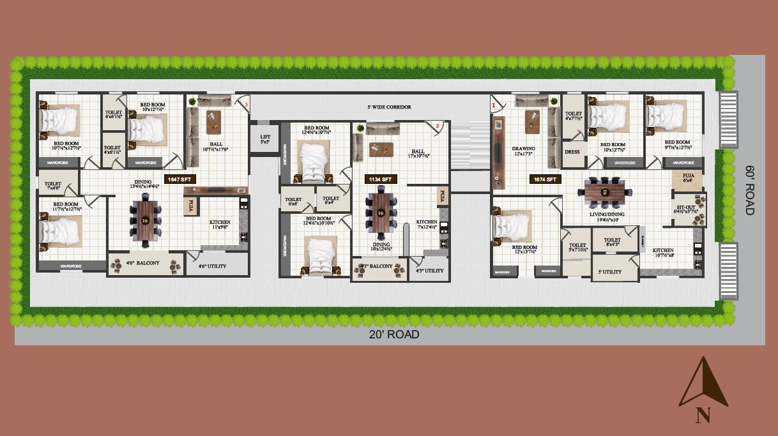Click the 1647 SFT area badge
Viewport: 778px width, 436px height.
point(179,179)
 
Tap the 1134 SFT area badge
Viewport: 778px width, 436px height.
point(379,179)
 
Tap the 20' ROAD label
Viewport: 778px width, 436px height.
point(393,335)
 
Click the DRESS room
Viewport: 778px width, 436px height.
point(572,152)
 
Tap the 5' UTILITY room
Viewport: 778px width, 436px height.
point(610,272)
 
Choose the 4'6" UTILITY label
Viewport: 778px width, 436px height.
point(212,266)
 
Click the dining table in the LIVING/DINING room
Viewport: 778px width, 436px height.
point(606,190)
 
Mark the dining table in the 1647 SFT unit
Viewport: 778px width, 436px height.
point(145,220)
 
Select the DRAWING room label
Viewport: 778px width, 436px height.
point(523,151)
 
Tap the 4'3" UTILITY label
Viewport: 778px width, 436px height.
point(429,271)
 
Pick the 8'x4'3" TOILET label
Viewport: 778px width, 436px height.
point(612,243)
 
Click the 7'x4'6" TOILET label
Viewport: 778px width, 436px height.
point(53,185)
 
